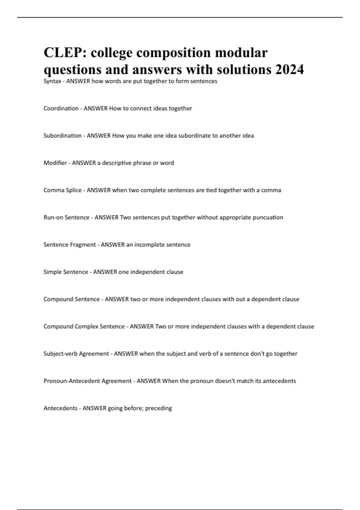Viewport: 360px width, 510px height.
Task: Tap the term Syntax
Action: click(52, 81)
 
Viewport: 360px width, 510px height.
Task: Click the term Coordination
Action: click(61, 108)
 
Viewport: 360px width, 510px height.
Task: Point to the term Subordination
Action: click(62, 136)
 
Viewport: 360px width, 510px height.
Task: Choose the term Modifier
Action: click(55, 163)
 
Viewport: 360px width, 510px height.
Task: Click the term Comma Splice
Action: click(62, 190)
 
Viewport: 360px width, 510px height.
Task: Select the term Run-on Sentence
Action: click(66, 217)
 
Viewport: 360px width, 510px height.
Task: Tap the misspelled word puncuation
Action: click(268, 217)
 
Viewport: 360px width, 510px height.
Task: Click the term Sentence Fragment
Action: click(70, 245)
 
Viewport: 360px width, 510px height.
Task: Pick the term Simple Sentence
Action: click(66, 272)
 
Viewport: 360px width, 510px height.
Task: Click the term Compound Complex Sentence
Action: click(84, 326)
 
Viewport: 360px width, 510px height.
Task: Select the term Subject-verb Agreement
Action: click(76, 354)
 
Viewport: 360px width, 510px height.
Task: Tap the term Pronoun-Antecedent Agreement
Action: click(88, 381)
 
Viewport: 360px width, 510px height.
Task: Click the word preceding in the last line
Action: click(158, 408)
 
